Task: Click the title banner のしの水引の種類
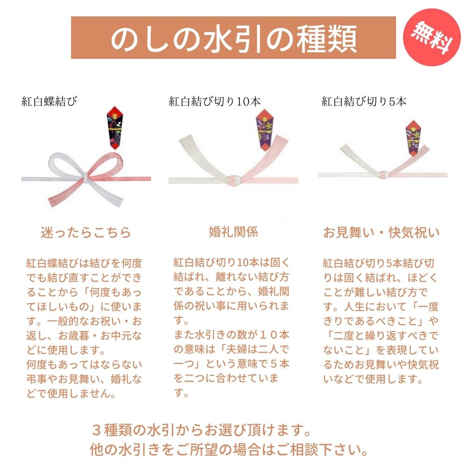(x=233, y=38)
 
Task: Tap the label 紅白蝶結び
(x=49, y=101)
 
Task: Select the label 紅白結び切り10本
(x=215, y=101)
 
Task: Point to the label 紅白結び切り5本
(x=364, y=101)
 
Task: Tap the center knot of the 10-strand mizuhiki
(x=234, y=178)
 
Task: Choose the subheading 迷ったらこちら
(x=86, y=233)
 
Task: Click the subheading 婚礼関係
(x=233, y=232)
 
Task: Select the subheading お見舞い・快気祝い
(x=382, y=233)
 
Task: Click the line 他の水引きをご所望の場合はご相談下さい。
(x=228, y=450)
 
